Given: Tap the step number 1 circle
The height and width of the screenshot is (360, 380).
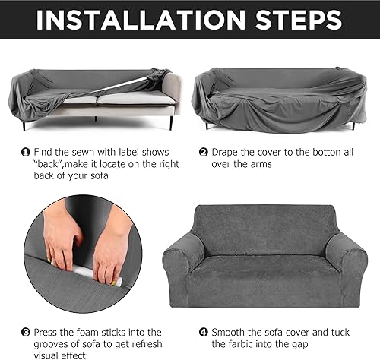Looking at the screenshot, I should pyautogui.click(x=25, y=152).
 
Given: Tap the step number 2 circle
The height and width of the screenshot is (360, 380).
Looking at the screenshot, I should pyautogui.click(x=203, y=152).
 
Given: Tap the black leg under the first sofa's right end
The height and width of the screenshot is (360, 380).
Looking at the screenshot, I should pyautogui.click(x=170, y=122).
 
